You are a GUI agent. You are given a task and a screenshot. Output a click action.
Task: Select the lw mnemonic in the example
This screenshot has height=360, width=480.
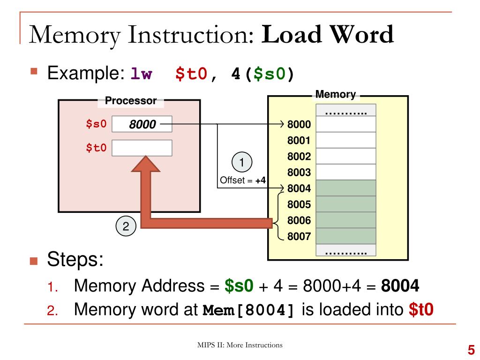click(141, 74)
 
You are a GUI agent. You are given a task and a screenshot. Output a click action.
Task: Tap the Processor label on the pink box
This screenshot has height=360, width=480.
click(130, 100)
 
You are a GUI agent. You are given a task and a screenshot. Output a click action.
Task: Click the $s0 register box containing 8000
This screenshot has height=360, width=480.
click(142, 124)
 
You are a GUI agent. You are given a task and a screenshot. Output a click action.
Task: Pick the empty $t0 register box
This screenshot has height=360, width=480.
click(142, 148)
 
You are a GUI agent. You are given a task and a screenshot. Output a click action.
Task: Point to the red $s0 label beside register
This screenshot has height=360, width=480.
click(96, 124)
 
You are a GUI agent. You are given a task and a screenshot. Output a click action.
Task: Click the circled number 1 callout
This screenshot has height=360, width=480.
click(242, 163)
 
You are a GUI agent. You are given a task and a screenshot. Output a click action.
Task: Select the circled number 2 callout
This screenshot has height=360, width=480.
click(126, 226)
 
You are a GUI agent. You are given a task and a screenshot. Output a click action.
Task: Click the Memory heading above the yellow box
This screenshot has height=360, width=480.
click(336, 94)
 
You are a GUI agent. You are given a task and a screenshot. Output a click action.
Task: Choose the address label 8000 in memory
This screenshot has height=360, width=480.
click(299, 125)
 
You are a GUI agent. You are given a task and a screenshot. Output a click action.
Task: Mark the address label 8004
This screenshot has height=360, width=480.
click(299, 188)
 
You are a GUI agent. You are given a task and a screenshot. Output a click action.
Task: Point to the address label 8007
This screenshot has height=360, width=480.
click(299, 236)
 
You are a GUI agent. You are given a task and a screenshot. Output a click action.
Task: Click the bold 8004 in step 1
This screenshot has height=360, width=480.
click(400, 286)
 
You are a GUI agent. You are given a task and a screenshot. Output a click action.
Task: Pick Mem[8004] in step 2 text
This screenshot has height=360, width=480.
click(249, 311)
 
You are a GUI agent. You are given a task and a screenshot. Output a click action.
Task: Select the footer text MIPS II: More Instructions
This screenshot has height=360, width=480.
click(240, 345)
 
